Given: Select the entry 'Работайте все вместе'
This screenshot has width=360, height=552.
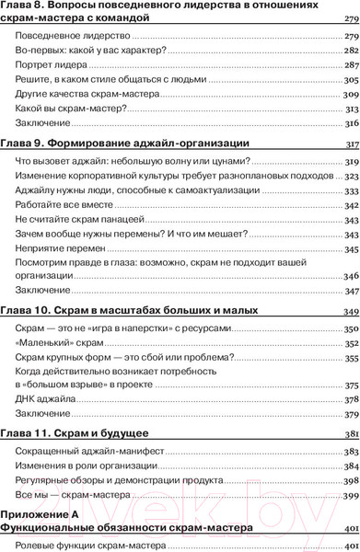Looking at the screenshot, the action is point(58,206).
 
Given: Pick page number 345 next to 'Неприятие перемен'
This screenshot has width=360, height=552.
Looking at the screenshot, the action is point(350,248).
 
